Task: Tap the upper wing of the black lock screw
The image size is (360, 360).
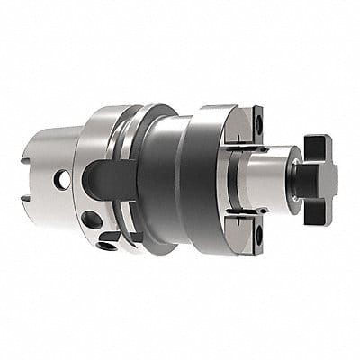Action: click(317, 144)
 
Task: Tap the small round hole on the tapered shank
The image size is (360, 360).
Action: click(63, 181)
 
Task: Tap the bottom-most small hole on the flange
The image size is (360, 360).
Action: click(106, 245)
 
